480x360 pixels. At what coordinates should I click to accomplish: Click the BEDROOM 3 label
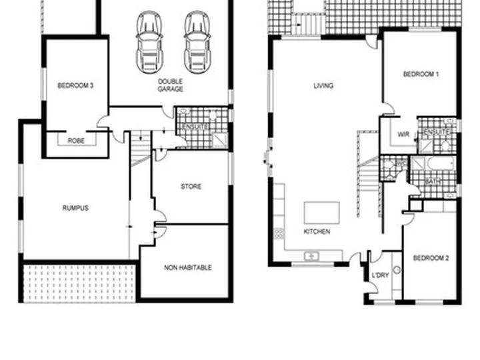(x=75, y=85)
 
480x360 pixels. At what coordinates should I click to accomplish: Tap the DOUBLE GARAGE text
(x=171, y=85)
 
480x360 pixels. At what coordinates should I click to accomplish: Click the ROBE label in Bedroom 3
(x=75, y=141)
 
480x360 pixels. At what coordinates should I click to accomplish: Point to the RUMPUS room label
(x=75, y=208)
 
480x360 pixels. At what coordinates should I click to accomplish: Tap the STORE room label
(x=191, y=187)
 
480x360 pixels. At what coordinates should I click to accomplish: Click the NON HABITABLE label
(x=188, y=267)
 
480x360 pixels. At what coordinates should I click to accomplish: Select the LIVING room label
(x=324, y=86)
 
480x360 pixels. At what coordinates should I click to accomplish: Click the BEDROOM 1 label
(x=421, y=75)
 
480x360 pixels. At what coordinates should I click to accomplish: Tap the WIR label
(x=403, y=134)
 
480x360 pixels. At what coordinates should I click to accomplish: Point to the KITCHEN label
(x=317, y=232)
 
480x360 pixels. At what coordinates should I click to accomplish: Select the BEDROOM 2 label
(x=430, y=258)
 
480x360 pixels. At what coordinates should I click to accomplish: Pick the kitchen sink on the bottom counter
(x=311, y=255)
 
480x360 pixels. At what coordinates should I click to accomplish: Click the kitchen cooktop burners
(x=278, y=233)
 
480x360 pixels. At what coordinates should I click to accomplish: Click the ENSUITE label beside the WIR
(x=437, y=133)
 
